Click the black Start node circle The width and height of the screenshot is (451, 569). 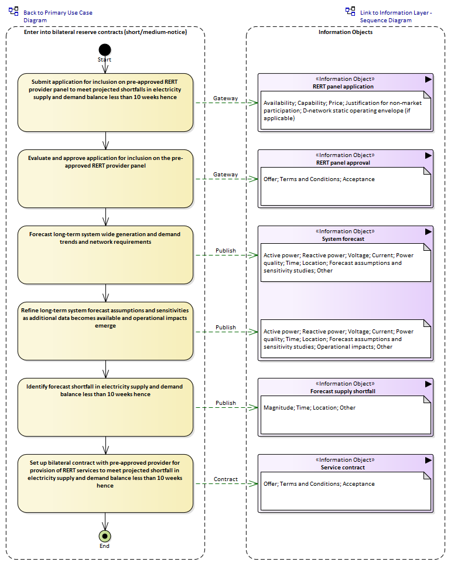coord(105,50)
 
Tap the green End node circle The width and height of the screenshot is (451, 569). coord(105,536)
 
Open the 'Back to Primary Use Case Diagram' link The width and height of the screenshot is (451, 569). coord(57,16)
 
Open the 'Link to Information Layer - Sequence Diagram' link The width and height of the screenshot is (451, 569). coord(396,16)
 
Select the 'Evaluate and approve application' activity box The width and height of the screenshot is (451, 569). coord(105,179)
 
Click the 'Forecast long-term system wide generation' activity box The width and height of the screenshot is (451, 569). coord(105,255)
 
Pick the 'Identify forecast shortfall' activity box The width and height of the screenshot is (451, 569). coord(105,407)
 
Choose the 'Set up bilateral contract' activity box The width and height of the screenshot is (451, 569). coord(105,483)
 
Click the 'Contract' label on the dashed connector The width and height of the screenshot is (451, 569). coord(225,479)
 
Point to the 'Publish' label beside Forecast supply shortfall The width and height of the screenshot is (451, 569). coord(225,403)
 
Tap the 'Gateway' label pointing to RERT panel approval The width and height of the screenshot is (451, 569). coord(225,174)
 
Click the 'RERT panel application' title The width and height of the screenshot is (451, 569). coord(343,86)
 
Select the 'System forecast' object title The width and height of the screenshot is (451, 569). coord(343,238)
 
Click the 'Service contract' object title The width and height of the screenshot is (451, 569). coord(343,468)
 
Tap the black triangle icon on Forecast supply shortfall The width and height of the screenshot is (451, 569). coord(428,384)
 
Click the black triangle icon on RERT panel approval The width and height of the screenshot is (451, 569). coord(428,155)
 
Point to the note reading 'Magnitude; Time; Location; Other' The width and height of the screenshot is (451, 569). coord(346,415)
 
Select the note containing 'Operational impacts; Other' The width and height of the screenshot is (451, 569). coord(346,339)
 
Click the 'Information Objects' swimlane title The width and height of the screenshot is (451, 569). coord(346,32)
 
